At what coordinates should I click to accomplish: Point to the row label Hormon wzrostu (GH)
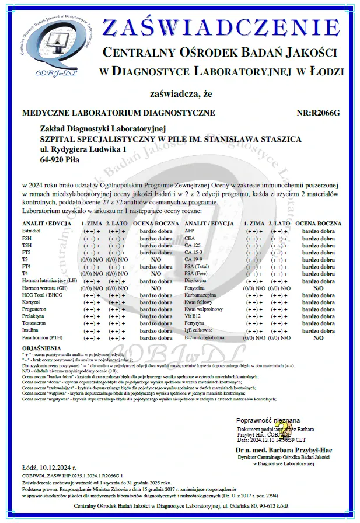coord(45,288)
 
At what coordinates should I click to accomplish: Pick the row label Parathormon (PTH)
coord(44,337)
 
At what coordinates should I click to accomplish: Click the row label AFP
coord(188,231)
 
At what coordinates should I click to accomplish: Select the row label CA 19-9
coord(193,259)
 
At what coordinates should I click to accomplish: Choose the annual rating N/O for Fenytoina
coord(318,288)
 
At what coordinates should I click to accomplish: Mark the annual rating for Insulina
coord(156,330)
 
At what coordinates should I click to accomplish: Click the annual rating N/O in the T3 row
coord(156,259)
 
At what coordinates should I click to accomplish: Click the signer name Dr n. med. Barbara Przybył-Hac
coord(275,450)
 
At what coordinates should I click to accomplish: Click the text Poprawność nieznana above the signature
coord(268,420)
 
